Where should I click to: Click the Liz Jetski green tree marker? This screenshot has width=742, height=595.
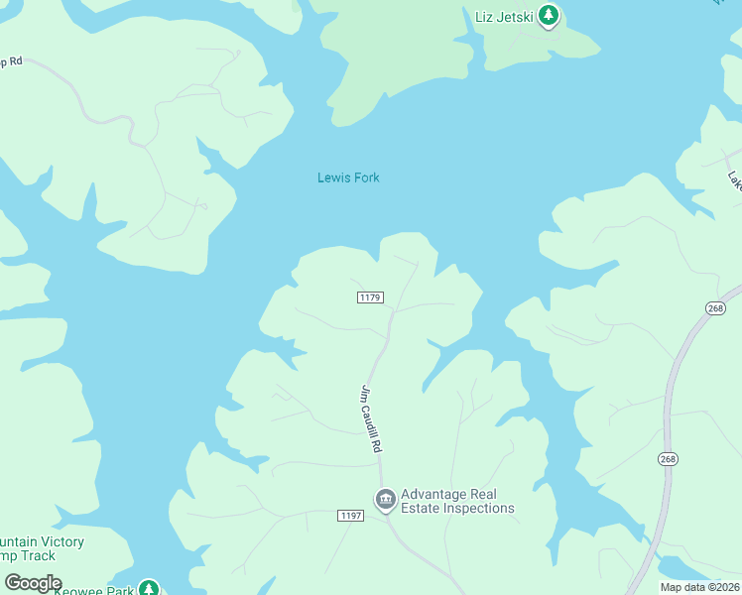(549, 17)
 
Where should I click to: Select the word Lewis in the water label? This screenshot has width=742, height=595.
(333, 178)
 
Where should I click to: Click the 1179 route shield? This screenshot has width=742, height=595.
(370, 297)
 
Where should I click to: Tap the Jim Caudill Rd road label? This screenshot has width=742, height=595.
(371, 419)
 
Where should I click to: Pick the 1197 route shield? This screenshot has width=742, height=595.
(350, 516)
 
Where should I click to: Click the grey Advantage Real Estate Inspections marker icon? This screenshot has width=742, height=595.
(385, 499)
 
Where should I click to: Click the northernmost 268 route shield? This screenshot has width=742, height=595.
(715, 309)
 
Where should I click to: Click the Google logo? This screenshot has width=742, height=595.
(33, 583)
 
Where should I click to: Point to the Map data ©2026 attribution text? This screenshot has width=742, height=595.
(699, 587)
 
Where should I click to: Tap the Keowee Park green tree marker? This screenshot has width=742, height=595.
(148, 589)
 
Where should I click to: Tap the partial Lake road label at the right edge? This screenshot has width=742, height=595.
(733, 179)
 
